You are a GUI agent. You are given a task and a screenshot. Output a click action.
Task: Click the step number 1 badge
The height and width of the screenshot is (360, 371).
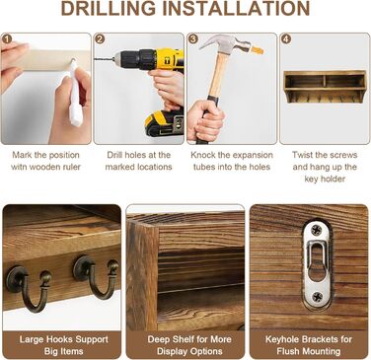pos(7,39)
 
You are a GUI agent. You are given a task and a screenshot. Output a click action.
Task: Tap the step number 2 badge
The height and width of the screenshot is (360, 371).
pos(100,39)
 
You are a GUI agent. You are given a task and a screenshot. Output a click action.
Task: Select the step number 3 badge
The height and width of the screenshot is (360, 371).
pos(192,39)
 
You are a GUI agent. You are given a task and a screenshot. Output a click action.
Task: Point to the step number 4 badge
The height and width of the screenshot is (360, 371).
pos(286,39)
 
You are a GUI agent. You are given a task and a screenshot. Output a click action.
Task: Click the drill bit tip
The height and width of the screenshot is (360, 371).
pos(95,59)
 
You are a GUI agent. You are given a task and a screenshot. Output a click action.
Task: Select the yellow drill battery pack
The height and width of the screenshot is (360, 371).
pos(165,123)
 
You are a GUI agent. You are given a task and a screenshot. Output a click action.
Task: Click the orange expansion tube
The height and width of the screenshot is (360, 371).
pos(257,50)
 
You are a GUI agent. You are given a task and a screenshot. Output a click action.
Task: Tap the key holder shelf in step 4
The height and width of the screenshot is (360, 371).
pos(325,87)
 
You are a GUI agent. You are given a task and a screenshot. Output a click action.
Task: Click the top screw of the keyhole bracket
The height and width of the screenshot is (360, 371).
pos(317,230)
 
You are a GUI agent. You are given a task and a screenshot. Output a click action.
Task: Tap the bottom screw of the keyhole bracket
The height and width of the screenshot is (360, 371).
pos(317,296)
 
